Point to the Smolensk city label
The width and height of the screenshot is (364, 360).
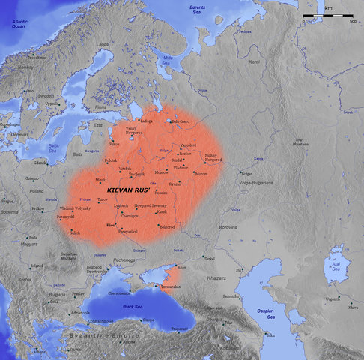tap(136, 175)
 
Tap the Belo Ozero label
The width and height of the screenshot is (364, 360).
tap(181, 121)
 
